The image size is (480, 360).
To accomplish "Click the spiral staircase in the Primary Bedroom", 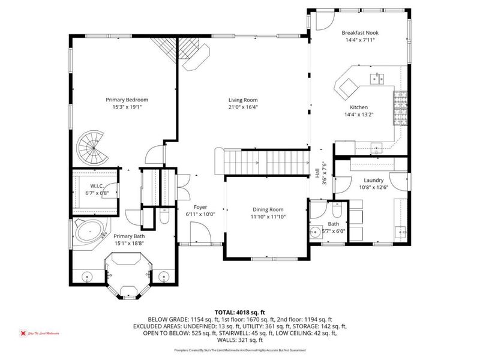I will (x=92, y=148).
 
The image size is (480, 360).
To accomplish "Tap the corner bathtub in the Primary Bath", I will (x=89, y=233).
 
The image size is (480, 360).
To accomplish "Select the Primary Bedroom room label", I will (x=127, y=100).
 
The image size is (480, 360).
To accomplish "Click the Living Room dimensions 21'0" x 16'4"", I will (x=242, y=107).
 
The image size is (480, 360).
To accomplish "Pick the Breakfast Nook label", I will (x=360, y=32).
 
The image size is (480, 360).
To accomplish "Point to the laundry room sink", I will (x=401, y=231).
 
